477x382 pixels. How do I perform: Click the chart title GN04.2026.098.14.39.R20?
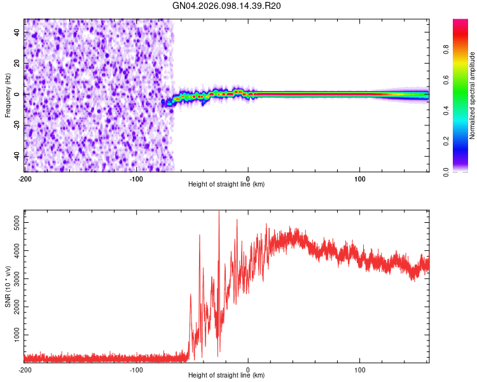[226, 6]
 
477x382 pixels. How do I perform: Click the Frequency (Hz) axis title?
[8, 95]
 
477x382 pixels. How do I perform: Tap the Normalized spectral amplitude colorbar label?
[473, 95]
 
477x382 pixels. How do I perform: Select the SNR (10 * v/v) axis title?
[8, 286]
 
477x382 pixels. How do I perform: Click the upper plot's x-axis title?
[226, 184]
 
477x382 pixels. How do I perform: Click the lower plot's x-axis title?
[226, 375]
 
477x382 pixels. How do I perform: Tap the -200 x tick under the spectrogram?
[24, 178]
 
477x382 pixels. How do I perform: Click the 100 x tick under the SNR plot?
[360, 369]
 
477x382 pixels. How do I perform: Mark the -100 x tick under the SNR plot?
[136, 369]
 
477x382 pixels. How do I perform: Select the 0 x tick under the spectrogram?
[248, 178]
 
